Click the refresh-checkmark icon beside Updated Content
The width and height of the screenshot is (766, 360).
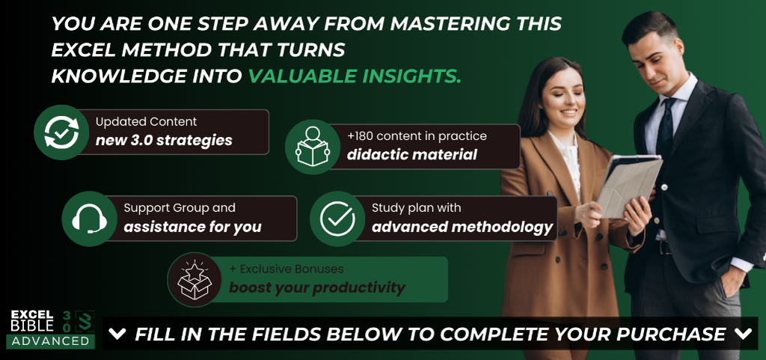coord(61,132)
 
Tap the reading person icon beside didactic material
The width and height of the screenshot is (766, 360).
coord(313,147)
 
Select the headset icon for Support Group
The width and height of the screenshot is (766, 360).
coord(90,219)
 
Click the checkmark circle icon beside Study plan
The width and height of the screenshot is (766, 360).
coord(337,219)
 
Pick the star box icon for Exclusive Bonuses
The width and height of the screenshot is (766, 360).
coord(194,280)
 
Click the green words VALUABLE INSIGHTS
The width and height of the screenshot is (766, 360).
coord(354,76)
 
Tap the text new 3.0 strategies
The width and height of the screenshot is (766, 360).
coord(164,140)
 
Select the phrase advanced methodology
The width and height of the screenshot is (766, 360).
coord(462,227)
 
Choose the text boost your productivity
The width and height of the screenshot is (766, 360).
coord(317,288)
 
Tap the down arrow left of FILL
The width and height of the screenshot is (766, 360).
coord(117,334)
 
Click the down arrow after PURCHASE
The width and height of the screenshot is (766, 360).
coord(743,334)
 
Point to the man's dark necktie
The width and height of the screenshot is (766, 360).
coord(665,128)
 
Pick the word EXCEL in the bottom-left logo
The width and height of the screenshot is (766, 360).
coord(32,314)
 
